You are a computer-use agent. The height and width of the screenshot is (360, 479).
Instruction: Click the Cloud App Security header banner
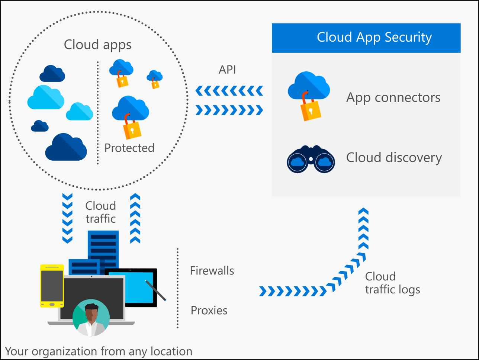366,38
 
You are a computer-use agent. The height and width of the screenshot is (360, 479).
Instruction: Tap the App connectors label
393,97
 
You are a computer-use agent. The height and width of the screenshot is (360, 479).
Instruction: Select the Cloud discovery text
394,157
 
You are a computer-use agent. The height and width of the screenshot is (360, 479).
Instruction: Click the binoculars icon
311,160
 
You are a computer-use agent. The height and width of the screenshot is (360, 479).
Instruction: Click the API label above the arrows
227,70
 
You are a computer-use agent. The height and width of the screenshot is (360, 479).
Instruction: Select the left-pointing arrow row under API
229,90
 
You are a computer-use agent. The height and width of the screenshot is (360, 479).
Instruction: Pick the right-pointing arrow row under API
229,110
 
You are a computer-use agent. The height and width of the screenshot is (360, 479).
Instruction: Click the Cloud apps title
97,45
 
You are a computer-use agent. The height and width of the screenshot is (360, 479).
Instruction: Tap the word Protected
129,148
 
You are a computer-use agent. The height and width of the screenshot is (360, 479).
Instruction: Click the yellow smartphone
52,286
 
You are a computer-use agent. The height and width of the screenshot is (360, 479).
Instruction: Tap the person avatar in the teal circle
91,318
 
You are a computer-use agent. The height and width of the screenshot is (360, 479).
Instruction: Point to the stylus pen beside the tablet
155,290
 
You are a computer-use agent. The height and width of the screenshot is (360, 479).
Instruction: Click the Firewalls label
212,270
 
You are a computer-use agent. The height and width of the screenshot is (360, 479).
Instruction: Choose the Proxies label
209,310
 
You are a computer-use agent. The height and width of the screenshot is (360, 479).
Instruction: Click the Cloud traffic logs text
392,283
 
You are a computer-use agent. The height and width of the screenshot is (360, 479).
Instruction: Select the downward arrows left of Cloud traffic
67,218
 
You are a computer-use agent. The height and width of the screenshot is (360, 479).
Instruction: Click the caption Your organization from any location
99,351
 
